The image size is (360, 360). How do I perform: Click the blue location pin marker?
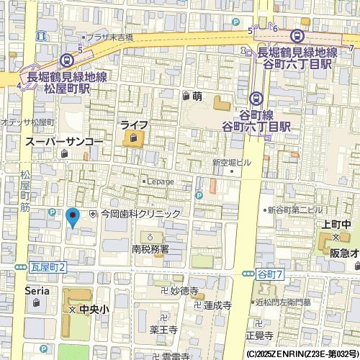(x=72, y=216)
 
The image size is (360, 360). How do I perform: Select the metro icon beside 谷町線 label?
(x=256, y=99)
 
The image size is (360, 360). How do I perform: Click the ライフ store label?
(x=134, y=125)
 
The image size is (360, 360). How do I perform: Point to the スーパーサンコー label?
(x=65, y=143)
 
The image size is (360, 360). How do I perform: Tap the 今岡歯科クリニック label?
(x=140, y=214)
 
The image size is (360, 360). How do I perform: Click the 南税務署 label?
(x=150, y=249)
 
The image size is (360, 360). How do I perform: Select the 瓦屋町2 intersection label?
(x=48, y=267)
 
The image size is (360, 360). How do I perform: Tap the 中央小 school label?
(x=94, y=309)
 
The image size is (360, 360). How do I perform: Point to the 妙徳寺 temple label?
(x=184, y=291)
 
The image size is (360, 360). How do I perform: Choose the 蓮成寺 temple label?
(x=217, y=305)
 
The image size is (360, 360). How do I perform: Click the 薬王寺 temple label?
(x=163, y=329)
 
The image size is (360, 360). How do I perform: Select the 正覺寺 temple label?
(x=259, y=336)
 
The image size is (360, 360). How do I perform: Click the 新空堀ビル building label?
(x=231, y=163)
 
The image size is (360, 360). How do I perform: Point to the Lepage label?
(x=161, y=181)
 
